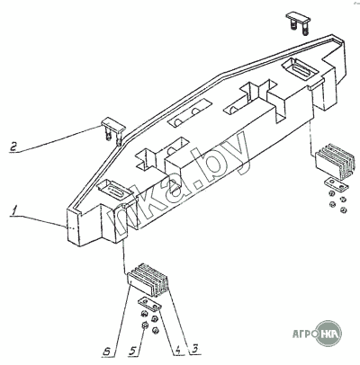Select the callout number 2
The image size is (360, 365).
point(13,147)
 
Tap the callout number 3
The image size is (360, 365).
point(194,349)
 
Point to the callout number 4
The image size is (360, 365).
point(178,350)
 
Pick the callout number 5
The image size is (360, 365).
point(133,351)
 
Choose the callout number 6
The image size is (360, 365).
point(106,351)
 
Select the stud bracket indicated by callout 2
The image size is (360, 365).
point(112,130)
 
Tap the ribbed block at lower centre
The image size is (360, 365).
point(148,280)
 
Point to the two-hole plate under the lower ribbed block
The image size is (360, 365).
point(149,305)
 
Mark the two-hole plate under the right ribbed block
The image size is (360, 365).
point(336,185)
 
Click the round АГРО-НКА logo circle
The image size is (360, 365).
point(329,334)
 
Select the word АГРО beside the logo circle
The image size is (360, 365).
point(304,334)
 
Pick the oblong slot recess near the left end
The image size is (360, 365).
point(115,191)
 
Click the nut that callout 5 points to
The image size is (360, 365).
point(144,325)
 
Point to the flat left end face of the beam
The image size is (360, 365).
point(72,227)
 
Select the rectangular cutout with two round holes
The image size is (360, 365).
point(190,115)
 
